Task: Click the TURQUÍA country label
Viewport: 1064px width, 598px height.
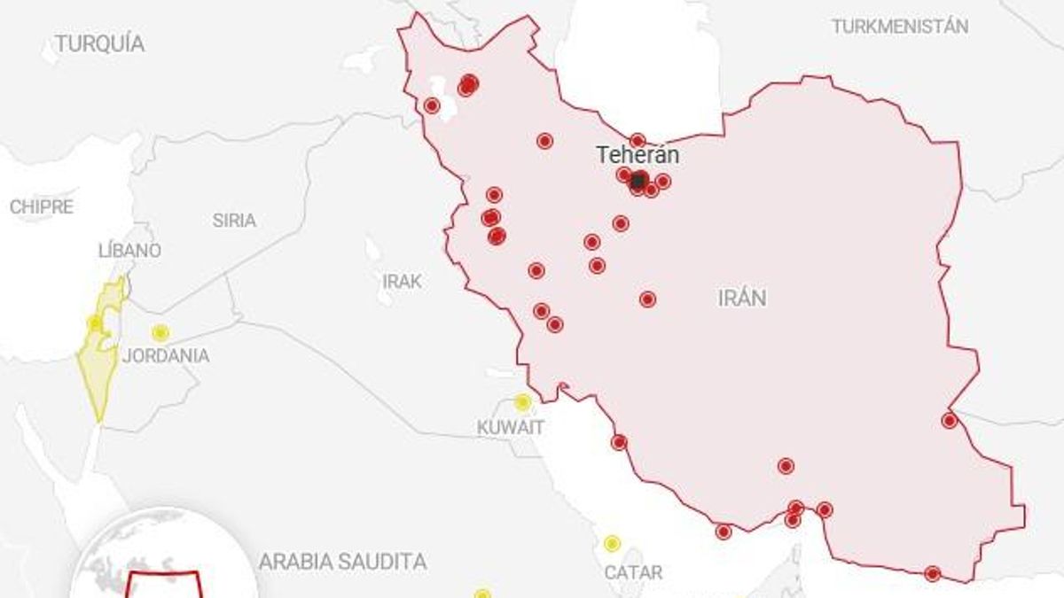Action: point(99,43)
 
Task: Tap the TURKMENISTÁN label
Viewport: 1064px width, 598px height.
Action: point(899,26)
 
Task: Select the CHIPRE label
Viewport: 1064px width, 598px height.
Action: point(42,207)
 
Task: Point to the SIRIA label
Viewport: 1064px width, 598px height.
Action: point(234,221)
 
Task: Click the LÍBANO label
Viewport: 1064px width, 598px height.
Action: point(129,251)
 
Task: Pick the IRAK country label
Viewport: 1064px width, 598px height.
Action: point(402,282)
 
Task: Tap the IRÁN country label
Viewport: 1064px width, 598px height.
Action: point(742,298)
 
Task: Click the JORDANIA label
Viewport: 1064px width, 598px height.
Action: point(166,356)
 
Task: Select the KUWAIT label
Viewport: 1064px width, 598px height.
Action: point(510,427)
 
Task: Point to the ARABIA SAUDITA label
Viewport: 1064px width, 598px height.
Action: point(342,562)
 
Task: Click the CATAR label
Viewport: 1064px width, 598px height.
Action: point(633,573)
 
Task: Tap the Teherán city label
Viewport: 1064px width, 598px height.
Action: point(638,155)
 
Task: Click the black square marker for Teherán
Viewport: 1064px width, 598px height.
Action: point(638,181)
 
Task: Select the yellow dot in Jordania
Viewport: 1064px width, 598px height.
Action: point(160,333)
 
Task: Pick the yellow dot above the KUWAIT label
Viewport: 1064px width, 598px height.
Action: point(522,402)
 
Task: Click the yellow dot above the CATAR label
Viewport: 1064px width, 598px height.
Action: point(612,543)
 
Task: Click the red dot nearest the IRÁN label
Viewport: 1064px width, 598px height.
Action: point(647,299)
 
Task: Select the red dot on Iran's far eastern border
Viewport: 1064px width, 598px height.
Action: point(950,421)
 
